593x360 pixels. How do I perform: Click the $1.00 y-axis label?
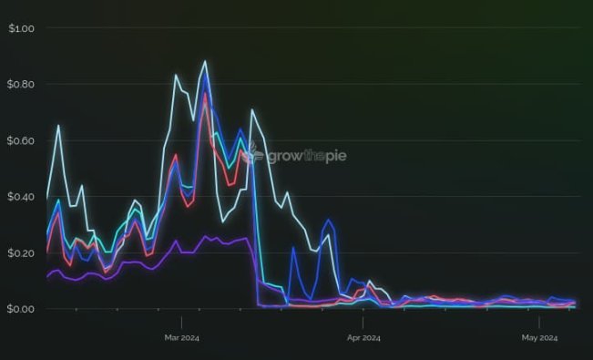[21, 28]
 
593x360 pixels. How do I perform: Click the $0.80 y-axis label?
[21, 85]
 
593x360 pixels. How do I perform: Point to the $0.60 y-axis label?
[21, 140]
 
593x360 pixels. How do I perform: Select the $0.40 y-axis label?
[21, 197]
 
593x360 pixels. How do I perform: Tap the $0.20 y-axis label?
[21, 252]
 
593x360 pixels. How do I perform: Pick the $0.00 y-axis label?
[21, 309]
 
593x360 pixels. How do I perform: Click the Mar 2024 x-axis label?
[181, 338]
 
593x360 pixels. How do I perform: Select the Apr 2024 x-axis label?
[363, 338]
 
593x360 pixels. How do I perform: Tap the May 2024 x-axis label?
[539, 338]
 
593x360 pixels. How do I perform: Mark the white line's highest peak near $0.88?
[205, 62]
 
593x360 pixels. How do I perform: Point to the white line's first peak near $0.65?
[59, 126]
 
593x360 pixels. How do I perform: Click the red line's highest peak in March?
[205, 95]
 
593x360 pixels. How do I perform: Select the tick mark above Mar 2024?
[181, 321]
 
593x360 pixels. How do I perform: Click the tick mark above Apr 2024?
[363, 321]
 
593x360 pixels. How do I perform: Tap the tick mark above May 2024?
[539, 321]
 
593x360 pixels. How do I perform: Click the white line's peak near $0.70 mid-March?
[252, 110]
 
